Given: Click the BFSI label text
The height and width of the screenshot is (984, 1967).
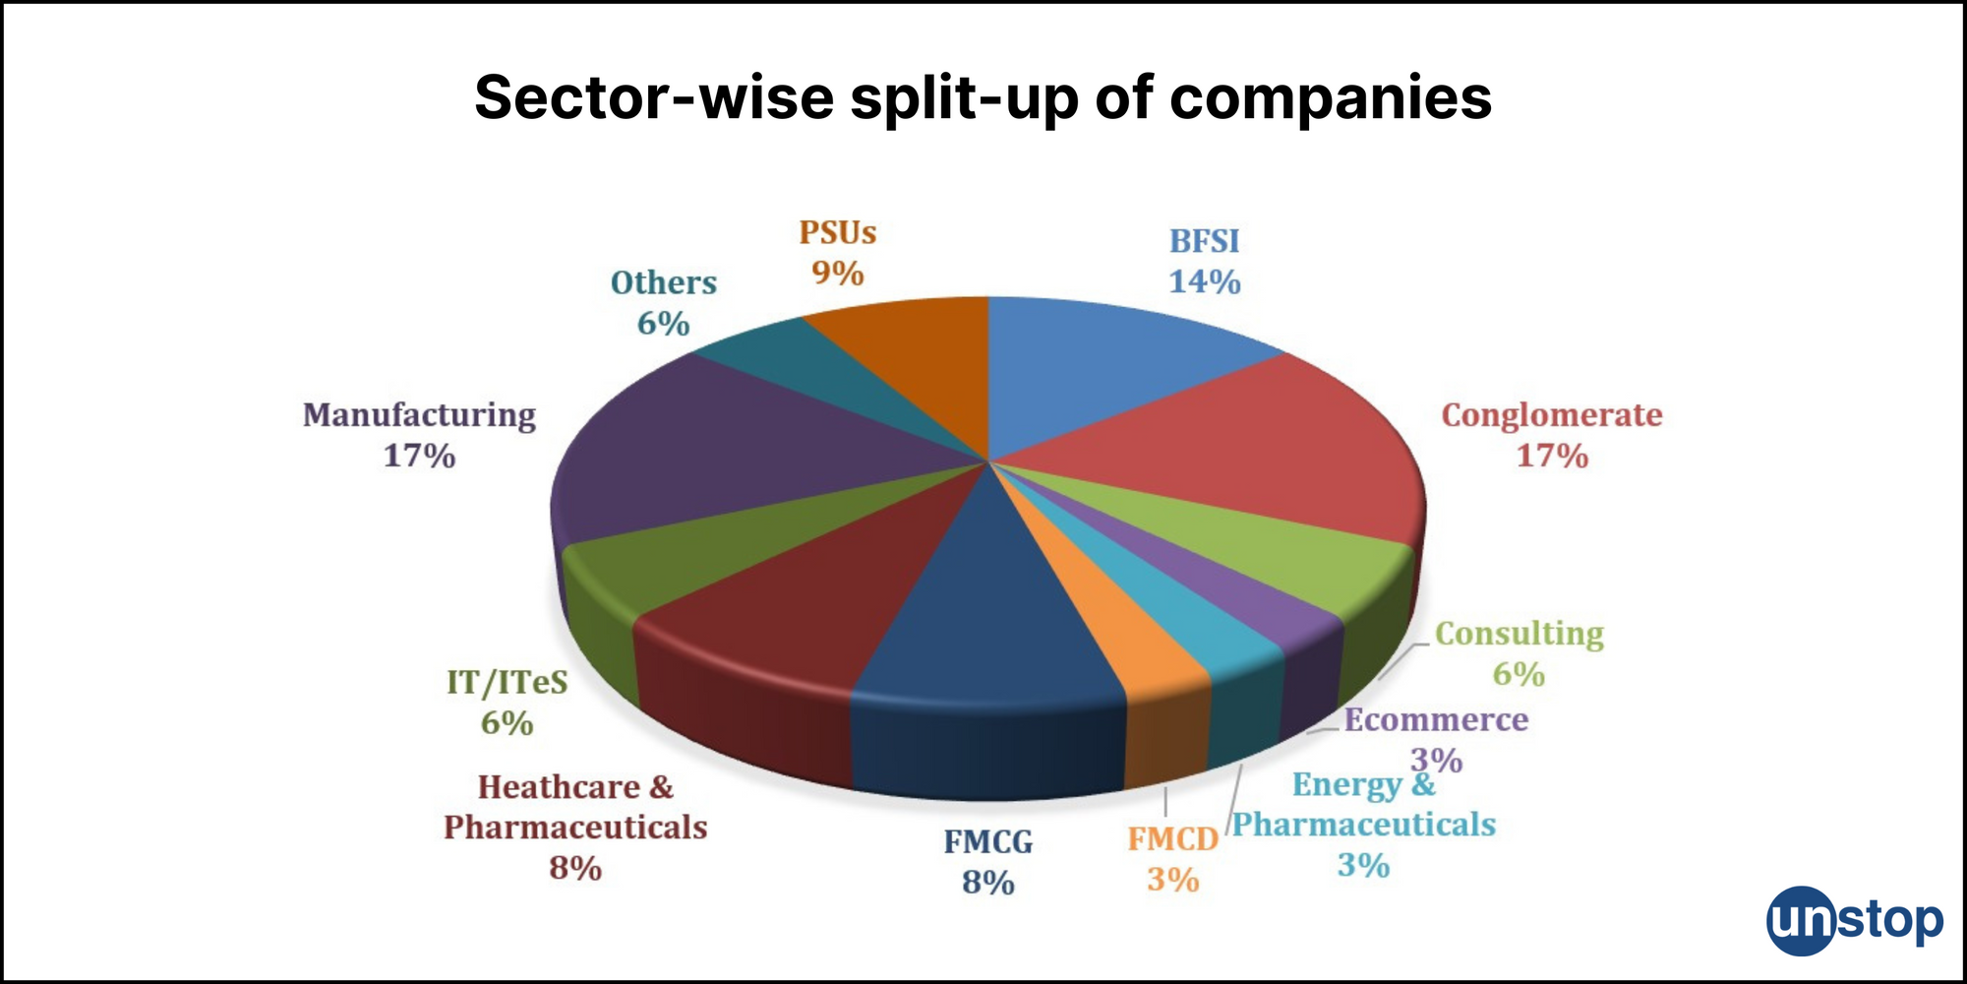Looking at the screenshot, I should tap(1204, 241).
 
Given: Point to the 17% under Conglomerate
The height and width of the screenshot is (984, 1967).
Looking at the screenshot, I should tap(1552, 457).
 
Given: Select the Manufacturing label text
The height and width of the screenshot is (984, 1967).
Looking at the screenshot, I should tap(419, 415).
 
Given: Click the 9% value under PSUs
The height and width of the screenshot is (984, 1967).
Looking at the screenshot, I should tap(837, 273).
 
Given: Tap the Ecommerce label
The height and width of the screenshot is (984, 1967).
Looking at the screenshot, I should tap(1436, 720).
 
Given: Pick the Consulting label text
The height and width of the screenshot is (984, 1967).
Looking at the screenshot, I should tap(1519, 634).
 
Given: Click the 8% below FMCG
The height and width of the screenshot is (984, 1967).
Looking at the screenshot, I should tap(987, 883).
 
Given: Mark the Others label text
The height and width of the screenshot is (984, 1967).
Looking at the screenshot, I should tap(664, 283).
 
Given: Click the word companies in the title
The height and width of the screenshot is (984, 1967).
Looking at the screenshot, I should tap(1331, 98).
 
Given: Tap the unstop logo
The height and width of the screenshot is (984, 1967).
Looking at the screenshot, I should tap(1854, 921).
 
